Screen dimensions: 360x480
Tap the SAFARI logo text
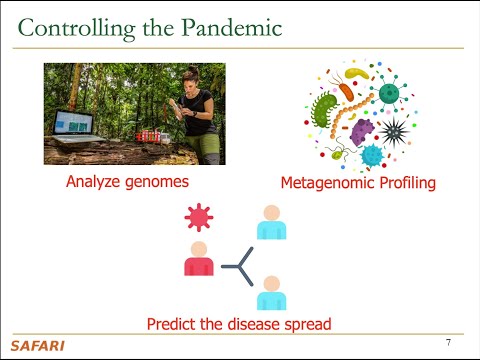35,346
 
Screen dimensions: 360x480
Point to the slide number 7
448,342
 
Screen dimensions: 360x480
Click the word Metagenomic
327,184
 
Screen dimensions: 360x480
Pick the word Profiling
407,184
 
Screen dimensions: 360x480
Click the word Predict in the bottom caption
173,324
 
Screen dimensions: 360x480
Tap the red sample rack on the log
149,134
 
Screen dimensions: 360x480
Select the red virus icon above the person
200,216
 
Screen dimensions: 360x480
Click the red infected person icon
199,258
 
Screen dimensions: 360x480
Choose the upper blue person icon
270,223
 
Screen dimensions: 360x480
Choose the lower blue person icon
270,293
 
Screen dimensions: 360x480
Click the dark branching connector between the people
238,266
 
